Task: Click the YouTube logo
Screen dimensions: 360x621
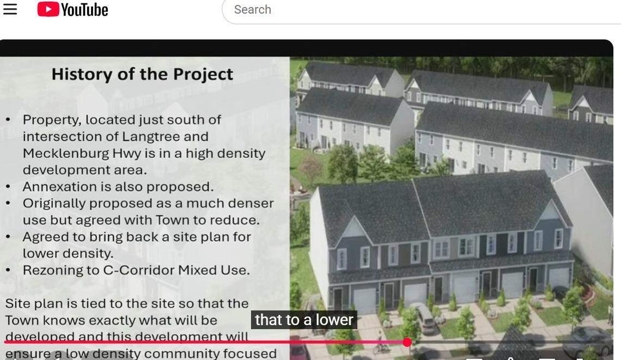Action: (72, 9)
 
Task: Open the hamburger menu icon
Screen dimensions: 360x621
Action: (10, 9)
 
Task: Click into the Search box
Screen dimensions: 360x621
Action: (381, 10)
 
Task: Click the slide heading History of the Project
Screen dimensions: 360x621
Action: (142, 74)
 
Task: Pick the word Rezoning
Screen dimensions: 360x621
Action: (52, 270)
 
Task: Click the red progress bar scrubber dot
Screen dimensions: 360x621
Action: (407, 342)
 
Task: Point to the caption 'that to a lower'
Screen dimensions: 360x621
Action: (304, 320)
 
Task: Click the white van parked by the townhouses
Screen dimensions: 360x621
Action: (423, 318)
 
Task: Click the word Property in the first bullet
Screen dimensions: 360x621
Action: (51, 119)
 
